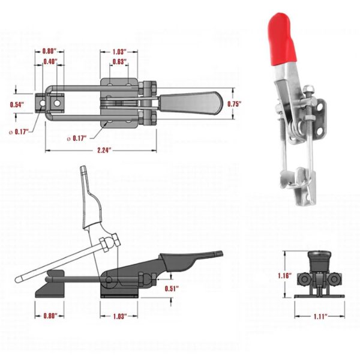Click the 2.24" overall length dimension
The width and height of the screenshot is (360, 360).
pos(104,151)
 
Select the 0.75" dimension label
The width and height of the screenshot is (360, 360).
pos(235,104)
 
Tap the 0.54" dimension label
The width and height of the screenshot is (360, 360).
pos(17,104)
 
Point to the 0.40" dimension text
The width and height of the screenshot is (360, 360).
pos(50,62)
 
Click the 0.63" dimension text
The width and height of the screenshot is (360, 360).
pos(119,62)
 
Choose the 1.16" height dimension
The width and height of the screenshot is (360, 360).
pos(285,275)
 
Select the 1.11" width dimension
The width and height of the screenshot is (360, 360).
pos(320,317)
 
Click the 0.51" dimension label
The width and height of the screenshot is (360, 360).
pos(172,289)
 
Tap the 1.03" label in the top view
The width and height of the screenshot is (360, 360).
pos(119,52)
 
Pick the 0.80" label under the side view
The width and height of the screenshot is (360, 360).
pos(50,316)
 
